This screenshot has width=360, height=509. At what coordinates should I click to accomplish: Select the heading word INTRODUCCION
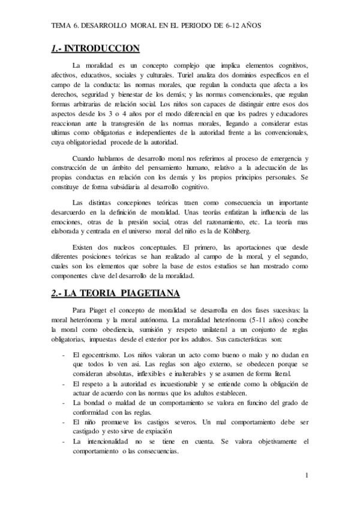point(102,49)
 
